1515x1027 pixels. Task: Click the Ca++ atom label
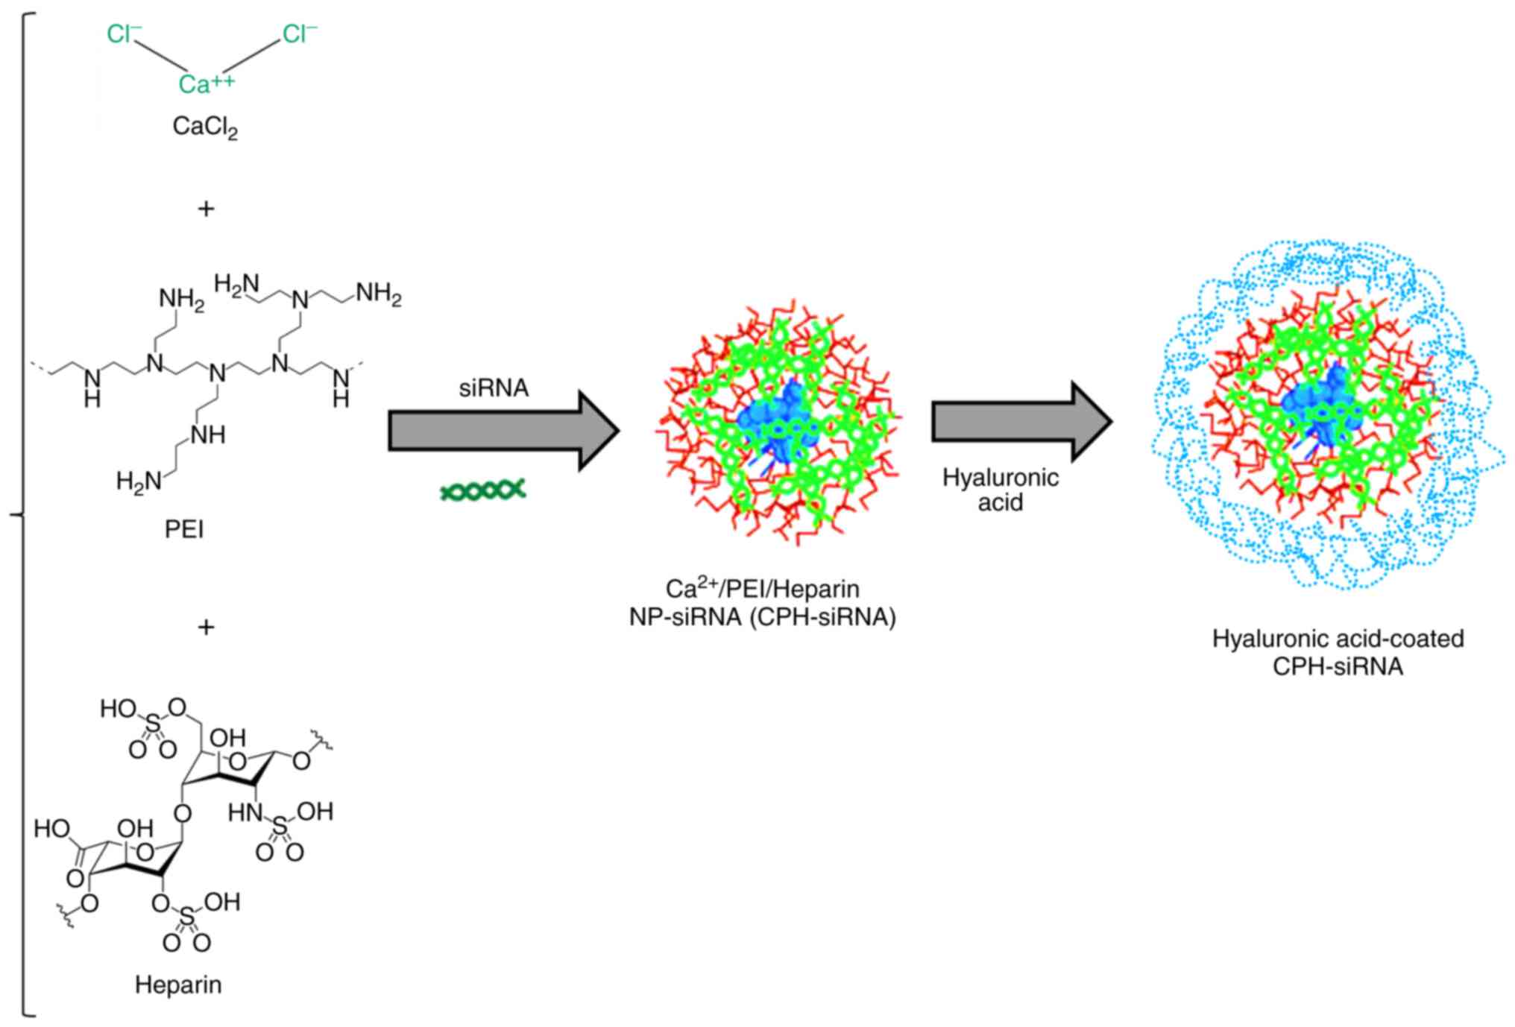click(205, 83)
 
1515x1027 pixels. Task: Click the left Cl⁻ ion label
click(124, 34)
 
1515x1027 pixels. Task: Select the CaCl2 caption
click(205, 127)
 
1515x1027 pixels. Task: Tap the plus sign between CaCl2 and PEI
click(206, 209)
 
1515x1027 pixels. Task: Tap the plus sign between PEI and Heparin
click(206, 627)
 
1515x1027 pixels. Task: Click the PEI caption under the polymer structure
click(184, 529)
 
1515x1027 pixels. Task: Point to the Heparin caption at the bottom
click(178, 985)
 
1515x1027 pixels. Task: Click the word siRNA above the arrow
click(494, 388)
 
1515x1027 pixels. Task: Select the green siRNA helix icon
click(483, 490)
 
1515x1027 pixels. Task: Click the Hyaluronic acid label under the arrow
click(1001, 490)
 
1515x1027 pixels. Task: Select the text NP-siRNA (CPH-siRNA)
click(762, 617)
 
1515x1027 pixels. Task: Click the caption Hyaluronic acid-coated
click(1338, 638)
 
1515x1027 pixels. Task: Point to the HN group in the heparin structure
click(245, 812)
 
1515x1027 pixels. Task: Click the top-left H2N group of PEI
click(236, 285)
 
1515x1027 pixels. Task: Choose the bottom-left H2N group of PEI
click(139, 481)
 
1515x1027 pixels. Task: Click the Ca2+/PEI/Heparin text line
click(762, 589)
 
